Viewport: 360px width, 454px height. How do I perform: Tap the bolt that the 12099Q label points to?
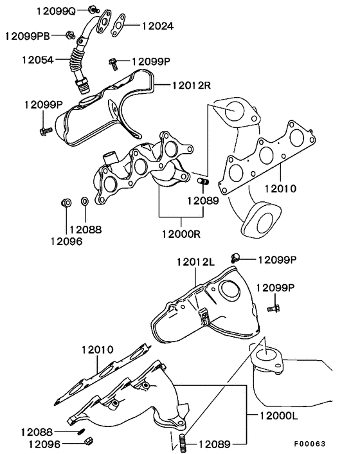pos(93,10)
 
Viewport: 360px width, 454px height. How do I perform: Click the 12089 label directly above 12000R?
pos(203,201)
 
